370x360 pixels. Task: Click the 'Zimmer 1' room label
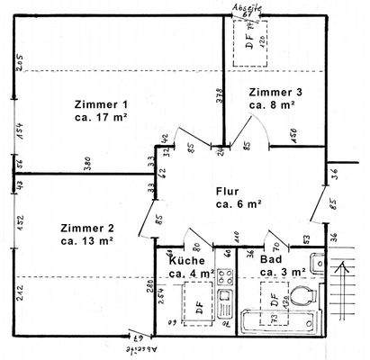pyautogui.click(x=102, y=103)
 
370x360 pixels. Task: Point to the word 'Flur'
pyautogui.click(x=227, y=191)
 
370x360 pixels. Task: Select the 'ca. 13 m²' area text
pyautogui.click(x=86, y=241)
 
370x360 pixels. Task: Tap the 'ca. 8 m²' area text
pyautogui.click(x=273, y=105)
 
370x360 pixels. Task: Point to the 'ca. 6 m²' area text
pyautogui.click(x=238, y=204)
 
